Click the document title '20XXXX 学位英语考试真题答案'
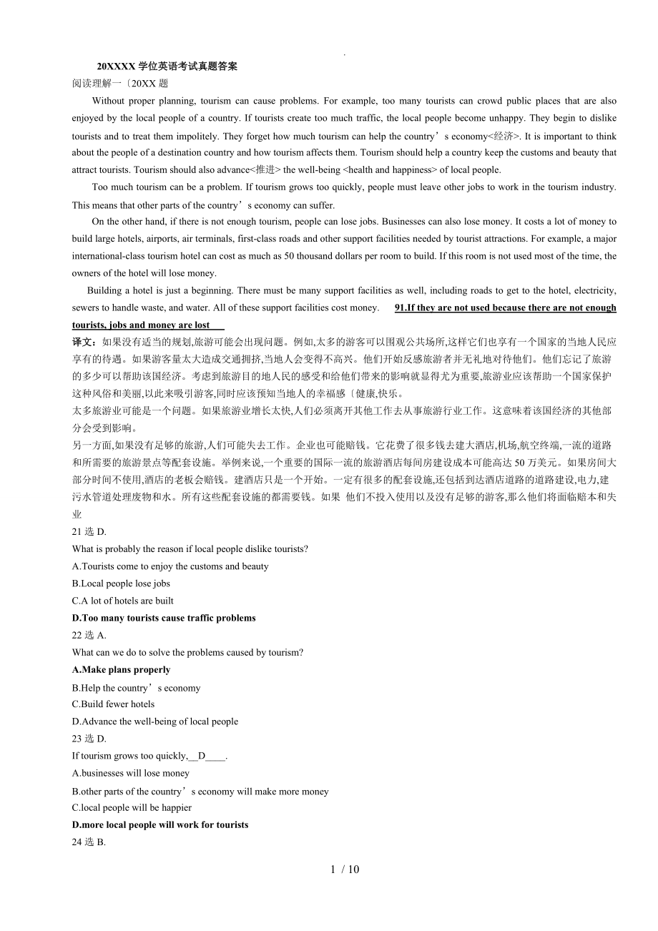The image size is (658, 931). point(167,66)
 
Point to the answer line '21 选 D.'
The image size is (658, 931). point(89,531)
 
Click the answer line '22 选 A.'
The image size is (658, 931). point(89,635)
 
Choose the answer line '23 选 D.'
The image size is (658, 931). point(89,739)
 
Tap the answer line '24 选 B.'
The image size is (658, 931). point(89,842)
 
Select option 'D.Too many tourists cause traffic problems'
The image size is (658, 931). point(164,618)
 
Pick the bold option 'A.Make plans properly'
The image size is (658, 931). point(122,670)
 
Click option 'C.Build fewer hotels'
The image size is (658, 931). point(113,704)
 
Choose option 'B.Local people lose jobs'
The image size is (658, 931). point(121,583)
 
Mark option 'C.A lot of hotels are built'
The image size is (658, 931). point(122,601)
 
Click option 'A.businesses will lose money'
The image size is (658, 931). point(131,773)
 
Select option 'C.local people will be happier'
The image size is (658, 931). point(132,807)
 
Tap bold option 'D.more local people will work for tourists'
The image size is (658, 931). point(160,824)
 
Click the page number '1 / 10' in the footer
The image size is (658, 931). point(345,870)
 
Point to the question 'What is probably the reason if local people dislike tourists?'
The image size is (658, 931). point(190,549)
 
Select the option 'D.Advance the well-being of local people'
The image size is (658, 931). point(155,721)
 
